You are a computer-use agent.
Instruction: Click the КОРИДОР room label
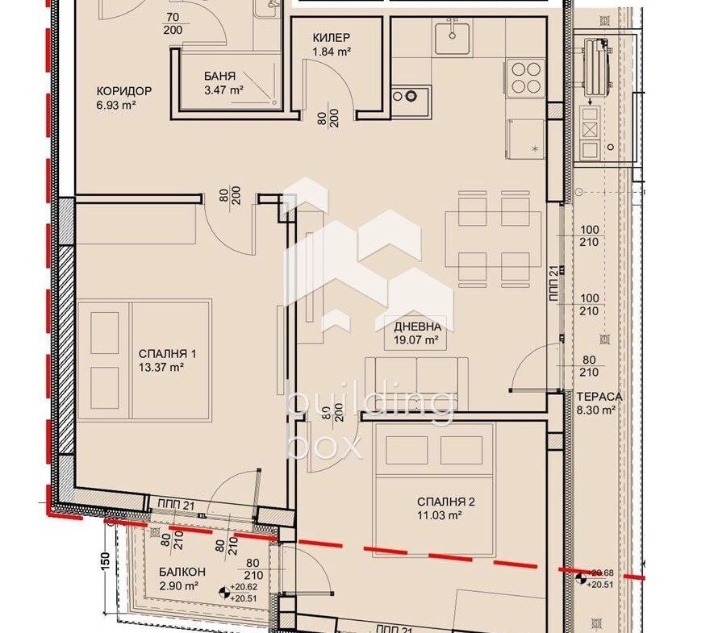click(123, 91)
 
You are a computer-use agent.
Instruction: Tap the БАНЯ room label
click(219, 77)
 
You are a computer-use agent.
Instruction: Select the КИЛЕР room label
click(332, 38)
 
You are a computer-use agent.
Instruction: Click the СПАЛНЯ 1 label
click(167, 354)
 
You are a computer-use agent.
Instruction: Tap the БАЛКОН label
click(182, 573)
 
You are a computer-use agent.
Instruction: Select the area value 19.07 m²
click(416, 340)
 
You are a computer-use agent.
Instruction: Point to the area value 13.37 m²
click(161, 367)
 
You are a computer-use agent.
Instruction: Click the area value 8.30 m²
click(595, 410)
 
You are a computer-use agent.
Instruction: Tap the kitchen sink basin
click(453, 38)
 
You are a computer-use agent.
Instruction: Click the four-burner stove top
click(526, 78)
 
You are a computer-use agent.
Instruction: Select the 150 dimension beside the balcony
click(105, 561)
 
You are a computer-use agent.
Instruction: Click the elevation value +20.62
click(244, 587)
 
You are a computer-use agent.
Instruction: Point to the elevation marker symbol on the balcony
click(224, 593)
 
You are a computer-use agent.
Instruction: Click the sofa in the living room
click(417, 383)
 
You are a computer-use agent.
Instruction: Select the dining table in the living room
click(493, 239)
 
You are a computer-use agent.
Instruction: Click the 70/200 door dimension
click(173, 24)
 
